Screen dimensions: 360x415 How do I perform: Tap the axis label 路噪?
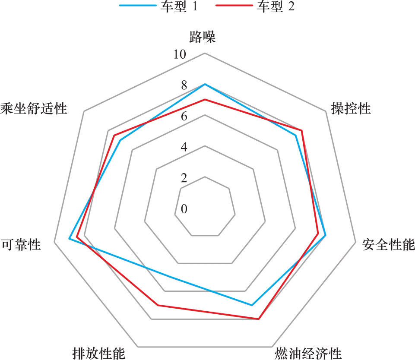203,37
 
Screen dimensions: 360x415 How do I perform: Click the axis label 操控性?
351,108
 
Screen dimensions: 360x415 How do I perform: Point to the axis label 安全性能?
389,245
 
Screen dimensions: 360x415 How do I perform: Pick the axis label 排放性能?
99,353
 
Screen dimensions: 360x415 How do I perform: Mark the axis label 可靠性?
21,245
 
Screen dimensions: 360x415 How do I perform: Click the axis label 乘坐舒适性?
34,108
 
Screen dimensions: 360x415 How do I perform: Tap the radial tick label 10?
178,55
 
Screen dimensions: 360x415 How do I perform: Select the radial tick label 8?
184,85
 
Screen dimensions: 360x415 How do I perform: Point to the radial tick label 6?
184,117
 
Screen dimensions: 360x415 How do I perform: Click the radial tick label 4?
184,147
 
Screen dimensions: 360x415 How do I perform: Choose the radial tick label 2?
184,178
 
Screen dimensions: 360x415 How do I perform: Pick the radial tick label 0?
184,209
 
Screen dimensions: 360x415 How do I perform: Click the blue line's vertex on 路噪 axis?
205,84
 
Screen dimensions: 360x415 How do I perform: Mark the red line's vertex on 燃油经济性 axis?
258,319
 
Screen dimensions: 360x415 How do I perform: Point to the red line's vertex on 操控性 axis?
301,130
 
